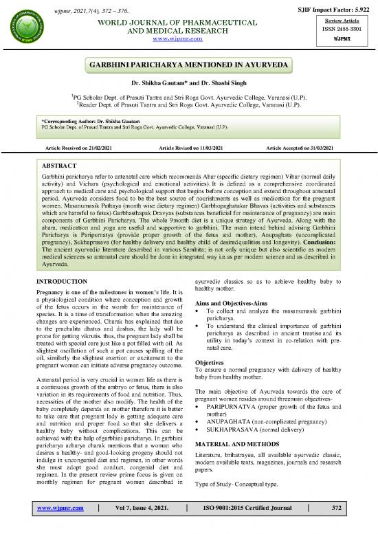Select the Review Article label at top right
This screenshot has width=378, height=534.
pyautogui.click(x=350, y=20)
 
